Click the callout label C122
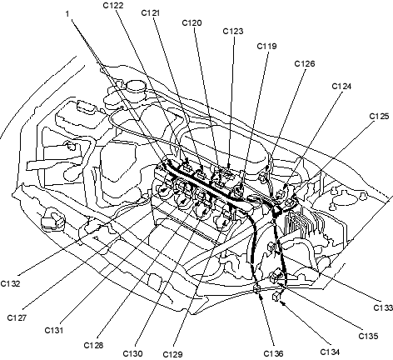[113, 5]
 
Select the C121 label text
[151, 12]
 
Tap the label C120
[192, 22]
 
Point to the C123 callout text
[233, 31]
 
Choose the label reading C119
[267, 46]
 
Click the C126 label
[305, 63]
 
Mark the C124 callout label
[341, 86]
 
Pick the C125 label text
[380, 116]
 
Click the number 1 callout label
[67, 13]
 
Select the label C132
[11, 283]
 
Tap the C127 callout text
[17, 317]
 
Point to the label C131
[54, 331]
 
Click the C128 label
[93, 345]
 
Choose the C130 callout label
[133, 353]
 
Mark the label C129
[172, 354]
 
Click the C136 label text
[273, 353]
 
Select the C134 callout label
[330, 352]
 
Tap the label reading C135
[368, 336]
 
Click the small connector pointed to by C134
[276, 297]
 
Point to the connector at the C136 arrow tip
[257, 289]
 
